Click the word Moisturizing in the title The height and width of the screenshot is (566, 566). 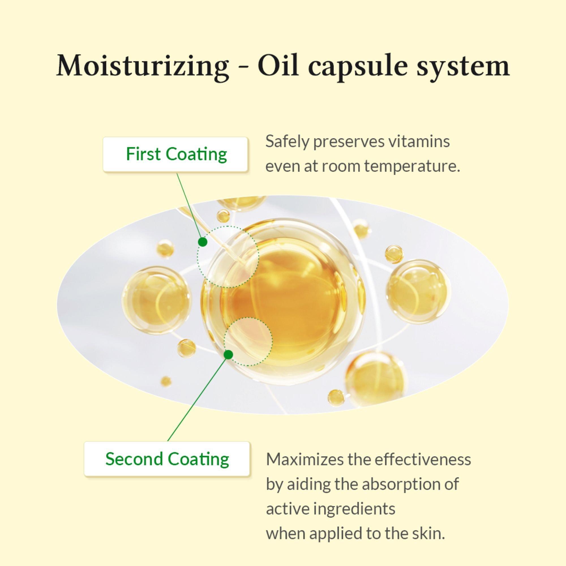pyautogui.click(x=142, y=66)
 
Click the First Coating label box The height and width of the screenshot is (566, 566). pyautogui.click(x=175, y=154)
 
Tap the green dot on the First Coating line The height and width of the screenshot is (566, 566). pyautogui.click(x=203, y=242)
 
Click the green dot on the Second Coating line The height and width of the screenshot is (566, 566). pyautogui.click(x=228, y=355)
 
